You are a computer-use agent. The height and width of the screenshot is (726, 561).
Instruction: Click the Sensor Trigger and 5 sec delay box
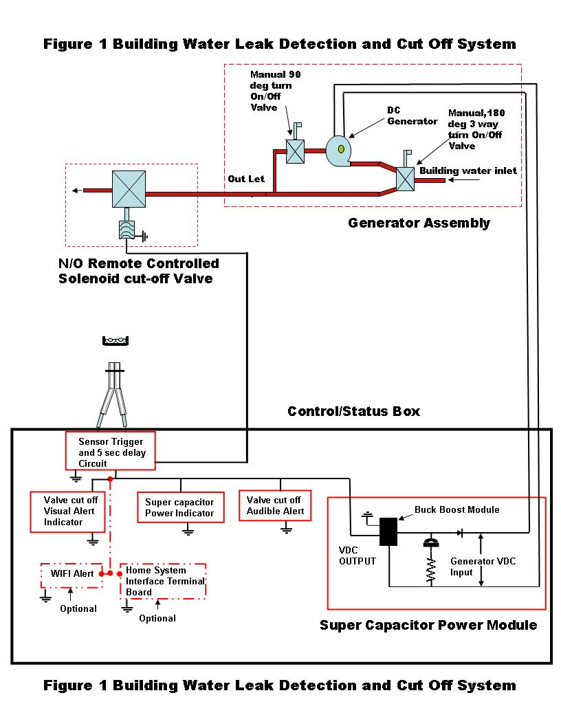pyautogui.click(x=110, y=451)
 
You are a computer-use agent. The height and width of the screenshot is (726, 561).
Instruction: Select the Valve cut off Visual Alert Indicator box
pyautogui.click(x=67, y=511)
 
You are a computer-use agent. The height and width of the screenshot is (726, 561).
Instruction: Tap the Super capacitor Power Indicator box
pyautogui.click(x=181, y=507)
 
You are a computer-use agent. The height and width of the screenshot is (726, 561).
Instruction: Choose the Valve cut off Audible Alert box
pyautogui.click(x=275, y=505)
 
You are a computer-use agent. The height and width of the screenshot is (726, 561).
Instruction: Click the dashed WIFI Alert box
pyautogui.click(x=71, y=575)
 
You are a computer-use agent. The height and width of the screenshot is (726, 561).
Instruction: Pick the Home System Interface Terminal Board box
pyautogui.click(x=162, y=581)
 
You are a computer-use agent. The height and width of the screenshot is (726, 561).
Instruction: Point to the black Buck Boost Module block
pyautogui.click(x=388, y=531)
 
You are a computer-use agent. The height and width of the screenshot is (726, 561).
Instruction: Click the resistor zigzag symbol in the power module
pyautogui.click(x=431, y=569)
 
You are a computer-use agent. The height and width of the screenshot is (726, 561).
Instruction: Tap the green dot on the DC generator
pyautogui.click(x=341, y=149)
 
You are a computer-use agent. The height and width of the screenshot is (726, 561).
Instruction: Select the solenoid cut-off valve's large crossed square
pyautogui.click(x=129, y=189)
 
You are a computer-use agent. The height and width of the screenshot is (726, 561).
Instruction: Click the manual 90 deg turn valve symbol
pyautogui.click(x=296, y=151)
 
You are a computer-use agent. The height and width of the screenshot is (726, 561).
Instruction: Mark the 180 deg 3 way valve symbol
pyautogui.click(x=406, y=179)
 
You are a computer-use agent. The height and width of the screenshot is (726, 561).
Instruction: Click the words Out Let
pyautogui.click(x=246, y=179)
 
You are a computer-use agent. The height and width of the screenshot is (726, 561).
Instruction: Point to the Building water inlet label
pyautogui.click(x=468, y=171)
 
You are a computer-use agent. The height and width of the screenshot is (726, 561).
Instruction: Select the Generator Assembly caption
pyautogui.click(x=419, y=223)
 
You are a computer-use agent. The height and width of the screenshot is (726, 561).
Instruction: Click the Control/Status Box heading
pyautogui.click(x=353, y=411)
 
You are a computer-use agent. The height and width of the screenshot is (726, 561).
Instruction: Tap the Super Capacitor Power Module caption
pyautogui.click(x=428, y=625)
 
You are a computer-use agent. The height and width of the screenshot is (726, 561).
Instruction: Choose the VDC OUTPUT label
pyautogui.click(x=357, y=555)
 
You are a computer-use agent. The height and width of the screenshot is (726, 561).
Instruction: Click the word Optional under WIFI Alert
pyautogui.click(x=78, y=608)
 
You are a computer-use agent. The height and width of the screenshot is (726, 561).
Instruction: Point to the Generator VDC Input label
pyautogui.click(x=483, y=566)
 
